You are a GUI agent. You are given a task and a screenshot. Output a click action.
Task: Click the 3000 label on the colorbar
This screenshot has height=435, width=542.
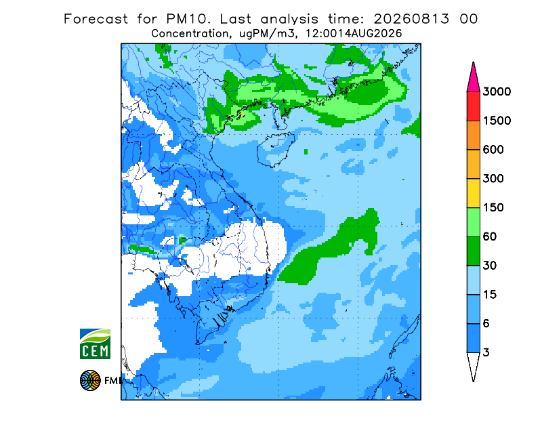(x=497, y=91)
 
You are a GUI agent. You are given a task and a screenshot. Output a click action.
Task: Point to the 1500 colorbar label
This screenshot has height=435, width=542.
(x=497, y=121)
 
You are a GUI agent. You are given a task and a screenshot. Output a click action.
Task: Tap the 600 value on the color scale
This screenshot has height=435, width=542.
(x=493, y=150)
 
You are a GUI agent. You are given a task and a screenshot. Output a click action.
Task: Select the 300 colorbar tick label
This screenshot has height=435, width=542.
(x=493, y=179)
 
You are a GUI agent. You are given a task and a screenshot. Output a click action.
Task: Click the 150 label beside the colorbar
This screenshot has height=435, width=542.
(x=493, y=208)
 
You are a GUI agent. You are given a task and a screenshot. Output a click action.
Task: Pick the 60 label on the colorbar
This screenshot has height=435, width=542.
(x=490, y=237)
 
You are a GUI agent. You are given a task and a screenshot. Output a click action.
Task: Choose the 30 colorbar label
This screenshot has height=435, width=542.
(x=490, y=266)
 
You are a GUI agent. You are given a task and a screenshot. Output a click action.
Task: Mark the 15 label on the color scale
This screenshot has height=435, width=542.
(x=490, y=295)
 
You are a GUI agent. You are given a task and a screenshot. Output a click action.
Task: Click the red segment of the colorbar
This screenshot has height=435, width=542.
(x=473, y=106)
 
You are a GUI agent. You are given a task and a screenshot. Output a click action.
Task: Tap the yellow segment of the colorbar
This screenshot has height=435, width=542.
(x=473, y=193)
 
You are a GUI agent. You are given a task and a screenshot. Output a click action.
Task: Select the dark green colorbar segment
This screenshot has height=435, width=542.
(x=473, y=251)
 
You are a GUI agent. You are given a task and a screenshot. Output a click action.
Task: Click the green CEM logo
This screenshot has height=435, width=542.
(x=95, y=344)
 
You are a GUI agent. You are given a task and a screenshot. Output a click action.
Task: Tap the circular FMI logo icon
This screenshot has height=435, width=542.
(x=90, y=380)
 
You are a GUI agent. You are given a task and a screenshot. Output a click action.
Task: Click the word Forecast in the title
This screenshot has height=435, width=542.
(x=96, y=19)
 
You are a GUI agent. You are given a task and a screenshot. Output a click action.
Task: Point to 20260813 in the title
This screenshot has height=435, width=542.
(x=411, y=19)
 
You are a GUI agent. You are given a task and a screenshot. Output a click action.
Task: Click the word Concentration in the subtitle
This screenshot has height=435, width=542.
(x=190, y=34)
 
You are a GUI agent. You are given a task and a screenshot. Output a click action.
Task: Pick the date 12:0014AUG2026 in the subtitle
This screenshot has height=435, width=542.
(x=354, y=34)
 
